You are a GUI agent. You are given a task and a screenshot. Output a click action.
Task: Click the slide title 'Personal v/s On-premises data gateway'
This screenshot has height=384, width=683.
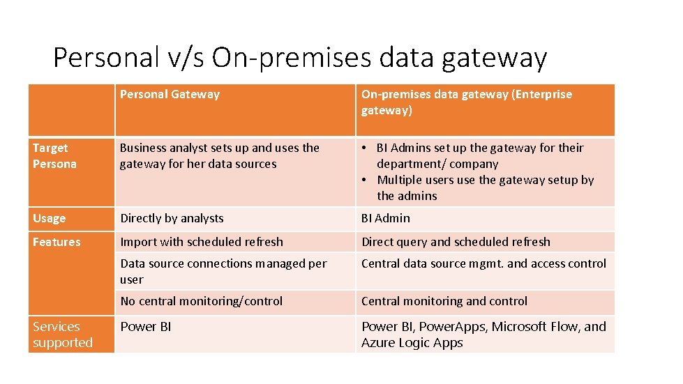click(x=300, y=57)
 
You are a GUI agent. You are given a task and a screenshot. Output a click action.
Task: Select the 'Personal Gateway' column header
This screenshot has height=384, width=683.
click(x=170, y=95)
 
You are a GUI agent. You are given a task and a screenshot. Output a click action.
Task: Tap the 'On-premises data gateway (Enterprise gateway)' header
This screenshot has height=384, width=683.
click(x=466, y=102)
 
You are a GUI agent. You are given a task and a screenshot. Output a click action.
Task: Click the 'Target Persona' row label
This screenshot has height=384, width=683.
click(x=54, y=156)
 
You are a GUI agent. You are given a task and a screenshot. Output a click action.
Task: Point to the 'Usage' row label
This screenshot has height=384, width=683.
click(x=49, y=218)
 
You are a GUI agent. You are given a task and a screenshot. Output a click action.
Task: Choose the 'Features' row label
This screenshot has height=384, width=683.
click(x=57, y=242)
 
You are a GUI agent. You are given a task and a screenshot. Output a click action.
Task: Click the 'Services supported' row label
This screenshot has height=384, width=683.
click(x=62, y=335)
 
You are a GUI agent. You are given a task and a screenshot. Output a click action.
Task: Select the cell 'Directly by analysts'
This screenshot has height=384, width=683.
click(x=172, y=218)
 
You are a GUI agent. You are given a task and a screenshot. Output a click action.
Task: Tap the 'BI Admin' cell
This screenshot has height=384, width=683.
click(x=386, y=218)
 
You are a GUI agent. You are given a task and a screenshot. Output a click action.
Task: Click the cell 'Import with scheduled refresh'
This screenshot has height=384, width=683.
click(x=202, y=242)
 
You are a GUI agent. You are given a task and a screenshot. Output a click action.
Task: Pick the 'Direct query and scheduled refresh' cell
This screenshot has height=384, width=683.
click(x=456, y=242)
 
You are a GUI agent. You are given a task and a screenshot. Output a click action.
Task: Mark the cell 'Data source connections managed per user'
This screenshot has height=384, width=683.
click(x=223, y=271)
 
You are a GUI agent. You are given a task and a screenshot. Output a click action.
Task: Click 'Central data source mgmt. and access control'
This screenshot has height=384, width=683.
click(x=483, y=263)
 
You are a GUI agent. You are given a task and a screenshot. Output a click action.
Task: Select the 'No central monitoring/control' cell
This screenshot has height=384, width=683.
click(x=201, y=301)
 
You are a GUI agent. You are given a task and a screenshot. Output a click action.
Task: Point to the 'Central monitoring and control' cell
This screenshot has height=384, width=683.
click(x=444, y=301)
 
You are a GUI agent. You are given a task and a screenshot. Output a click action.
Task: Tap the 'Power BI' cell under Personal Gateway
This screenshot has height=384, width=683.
click(x=145, y=327)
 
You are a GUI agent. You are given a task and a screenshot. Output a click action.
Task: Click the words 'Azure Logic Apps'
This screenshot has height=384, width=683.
click(x=412, y=343)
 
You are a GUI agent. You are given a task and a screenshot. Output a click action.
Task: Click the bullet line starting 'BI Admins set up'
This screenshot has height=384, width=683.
click(x=479, y=155)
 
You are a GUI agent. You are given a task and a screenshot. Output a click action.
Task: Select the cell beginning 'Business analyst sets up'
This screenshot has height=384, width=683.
click(x=219, y=156)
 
